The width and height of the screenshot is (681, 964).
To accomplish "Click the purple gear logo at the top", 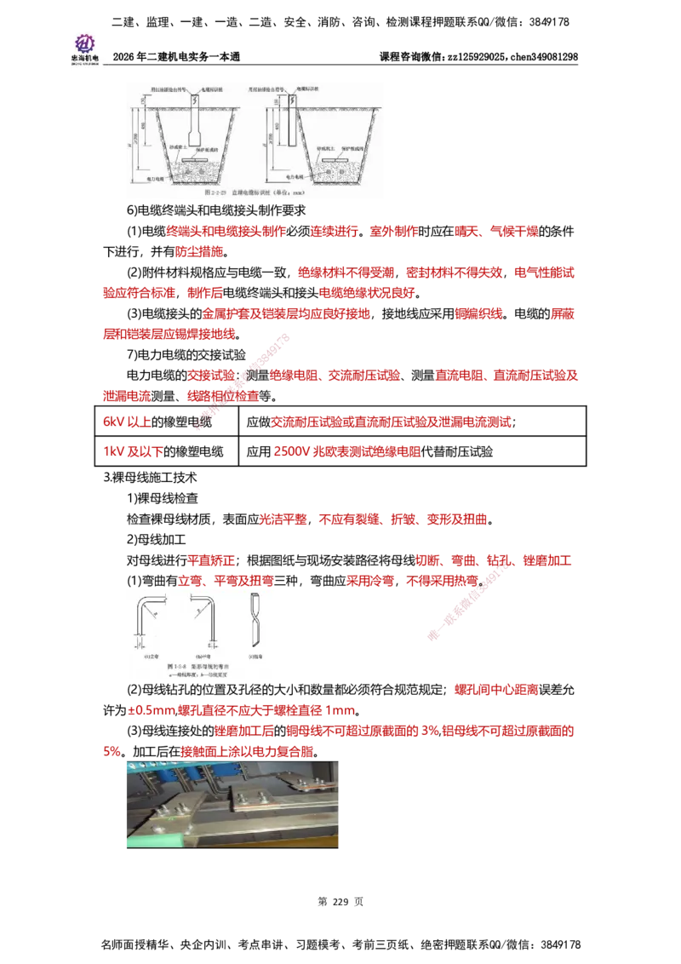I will tap(83, 42).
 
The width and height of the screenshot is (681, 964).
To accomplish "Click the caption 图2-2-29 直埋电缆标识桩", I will tap(255, 193).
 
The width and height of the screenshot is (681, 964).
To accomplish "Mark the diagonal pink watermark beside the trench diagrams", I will tap(243, 382).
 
